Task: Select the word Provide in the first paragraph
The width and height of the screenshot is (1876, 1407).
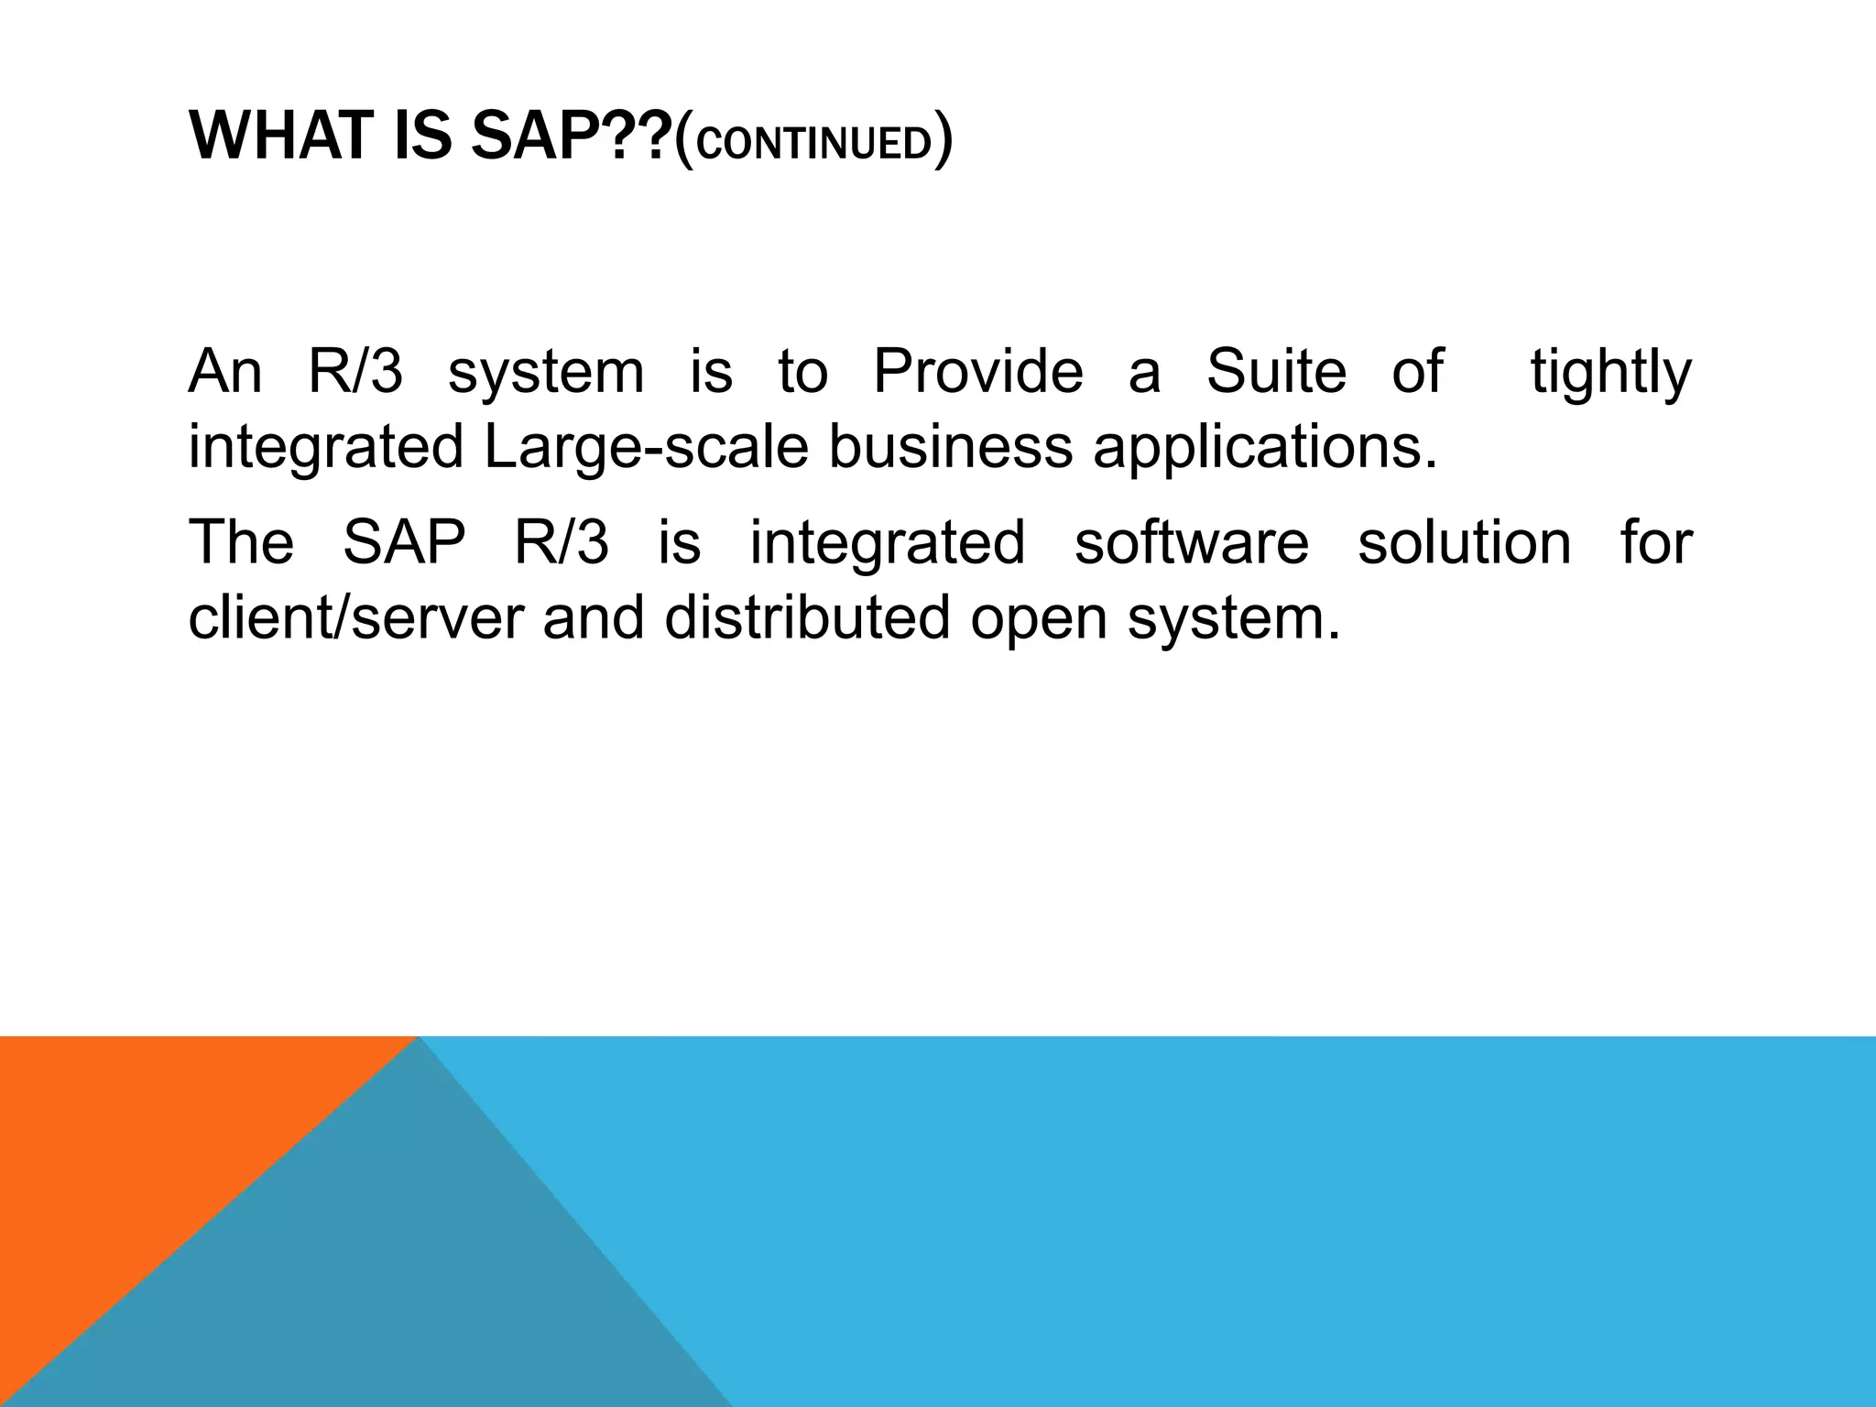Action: click(x=977, y=372)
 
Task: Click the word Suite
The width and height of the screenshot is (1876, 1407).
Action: click(x=1276, y=372)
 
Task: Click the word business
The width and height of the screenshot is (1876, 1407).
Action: click(x=950, y=448)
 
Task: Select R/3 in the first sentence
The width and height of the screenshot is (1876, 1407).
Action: click(x=355, y=372)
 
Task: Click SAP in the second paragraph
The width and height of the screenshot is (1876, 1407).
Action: click(x=404, y=542)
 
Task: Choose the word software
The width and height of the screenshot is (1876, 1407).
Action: click(x=1192, y=542)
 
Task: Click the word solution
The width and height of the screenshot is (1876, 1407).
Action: click(x=1464, y=542)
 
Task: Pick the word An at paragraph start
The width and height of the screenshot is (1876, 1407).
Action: click(x=225, y=372)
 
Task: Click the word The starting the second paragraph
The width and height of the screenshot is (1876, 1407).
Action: click(x=241, y=542)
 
